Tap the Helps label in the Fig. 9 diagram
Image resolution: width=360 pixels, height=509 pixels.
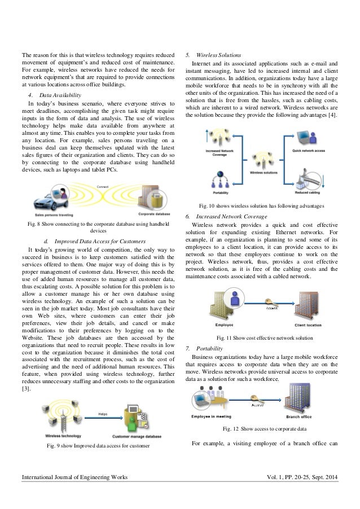[103, 414]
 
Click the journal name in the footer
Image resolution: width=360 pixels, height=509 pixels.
[74, 479]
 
